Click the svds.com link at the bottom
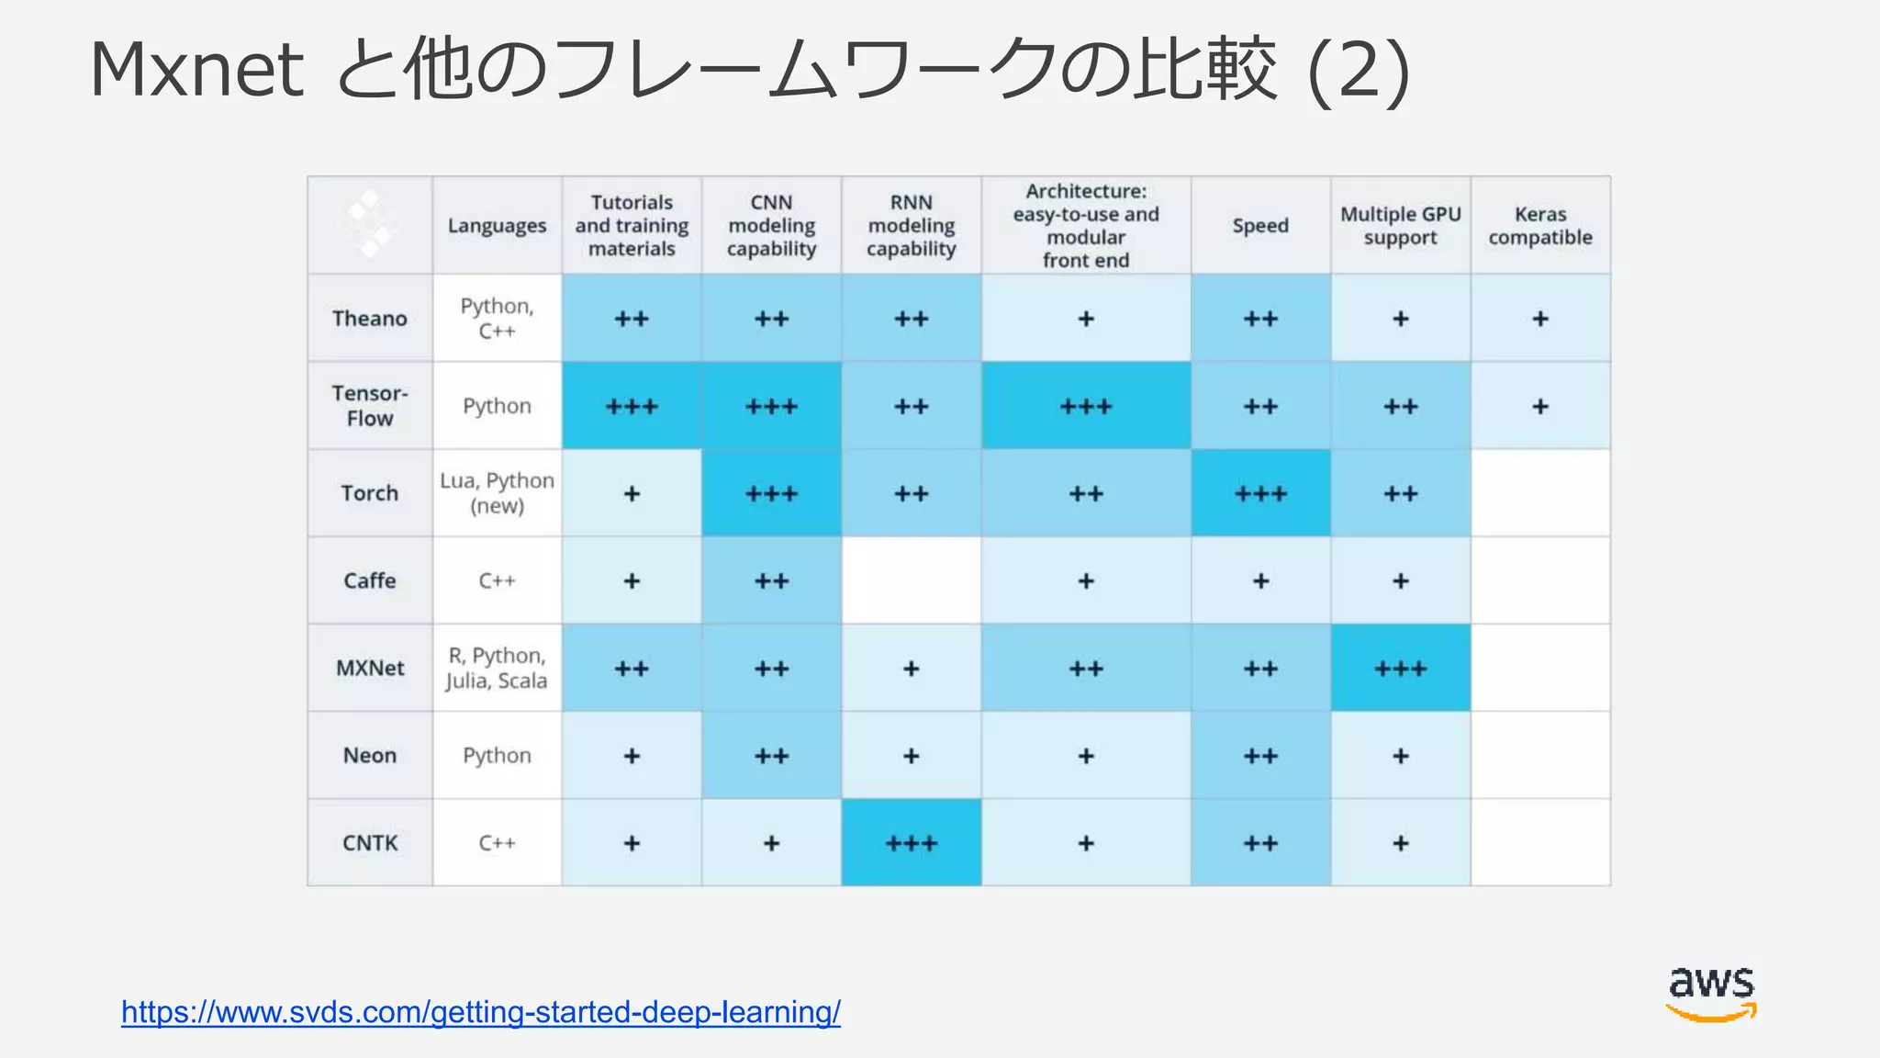[480, 1012]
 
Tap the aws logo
[1711, 993]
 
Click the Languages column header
[497, 226]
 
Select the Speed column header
[1260, 226]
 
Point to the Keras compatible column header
[1539, 226]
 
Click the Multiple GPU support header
[1400, 226]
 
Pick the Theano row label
[369, 319]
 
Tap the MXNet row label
[369, 668]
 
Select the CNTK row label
[369, 843]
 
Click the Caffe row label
[369, 580]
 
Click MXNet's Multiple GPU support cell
[1400, 668]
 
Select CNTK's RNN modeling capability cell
[911, 843]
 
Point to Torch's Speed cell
[1260, 493]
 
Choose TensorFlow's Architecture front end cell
[1086, 406]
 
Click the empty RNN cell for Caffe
[911, 580]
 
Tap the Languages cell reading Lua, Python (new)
[497, 493]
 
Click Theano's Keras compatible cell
[1539, 319]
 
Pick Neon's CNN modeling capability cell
[771, 756]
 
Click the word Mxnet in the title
[196, 70]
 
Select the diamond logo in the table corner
[369, 224]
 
